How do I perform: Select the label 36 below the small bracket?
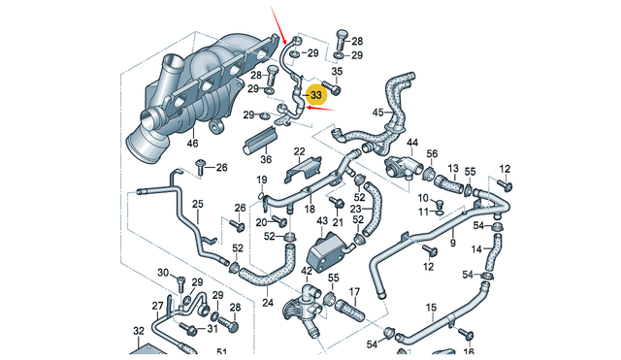click(266, 160)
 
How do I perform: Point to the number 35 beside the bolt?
click(338, 71)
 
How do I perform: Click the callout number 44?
click(411, 144)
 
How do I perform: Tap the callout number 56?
click(433, 154)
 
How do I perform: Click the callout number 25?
click(197, 204)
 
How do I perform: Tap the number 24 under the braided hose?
click(268, 303)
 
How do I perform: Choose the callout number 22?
click(300, 151)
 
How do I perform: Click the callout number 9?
click(451, 245)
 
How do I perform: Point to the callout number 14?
click(476, 249)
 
